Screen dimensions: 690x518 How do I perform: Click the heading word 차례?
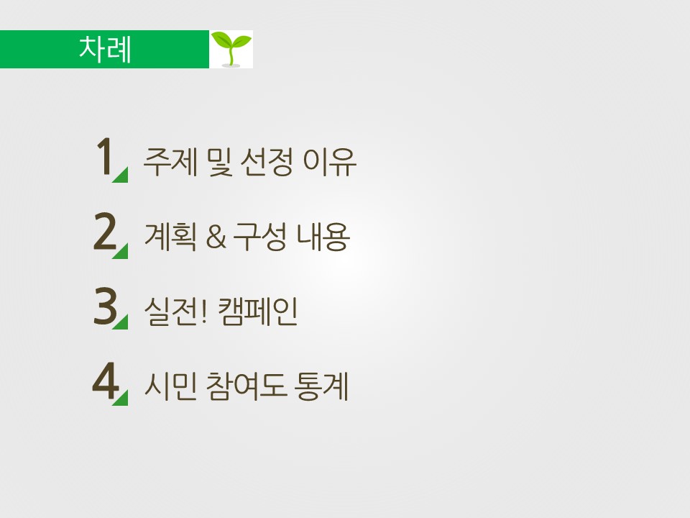click(x=105, y=49)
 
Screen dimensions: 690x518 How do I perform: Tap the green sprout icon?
click(x=231, y=49)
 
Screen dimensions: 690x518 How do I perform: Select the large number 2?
click(x=105, y=231)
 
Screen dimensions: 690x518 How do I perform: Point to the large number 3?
click(x=105, y=306)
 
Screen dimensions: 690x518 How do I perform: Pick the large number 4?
click(x=106, y=381)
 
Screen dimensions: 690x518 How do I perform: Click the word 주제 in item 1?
click(x=170, y=162)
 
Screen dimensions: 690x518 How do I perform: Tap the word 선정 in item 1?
click(x=266, y=162)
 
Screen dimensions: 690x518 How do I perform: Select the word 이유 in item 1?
click(x=329, y=162)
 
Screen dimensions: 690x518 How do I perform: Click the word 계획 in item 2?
click(x=170, y=237)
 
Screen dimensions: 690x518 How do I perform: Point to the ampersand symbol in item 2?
click(x=216, y=237)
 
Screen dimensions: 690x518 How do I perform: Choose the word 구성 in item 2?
click(x=259, y=237)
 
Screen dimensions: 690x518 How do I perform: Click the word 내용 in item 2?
click(x=323, y=237)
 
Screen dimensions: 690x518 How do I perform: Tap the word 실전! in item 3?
click(x=175, y=312)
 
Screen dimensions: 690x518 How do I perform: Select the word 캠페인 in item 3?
click(x=258, y=312)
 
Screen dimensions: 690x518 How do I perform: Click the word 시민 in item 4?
click(x=170, y=386)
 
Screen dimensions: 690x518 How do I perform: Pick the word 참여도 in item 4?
click(x=247, y=386)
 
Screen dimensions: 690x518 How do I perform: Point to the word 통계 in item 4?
click(x=323, y=386)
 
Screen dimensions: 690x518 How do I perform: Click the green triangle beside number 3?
click(x=122, y=324)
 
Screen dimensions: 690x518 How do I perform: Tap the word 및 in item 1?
click(x=218, y=162)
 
